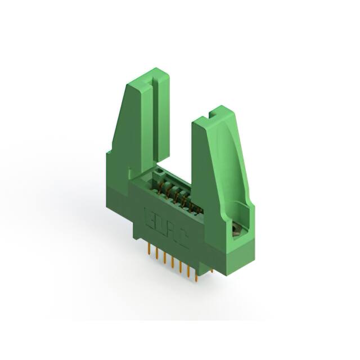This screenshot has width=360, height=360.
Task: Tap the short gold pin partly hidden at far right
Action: (211, 271)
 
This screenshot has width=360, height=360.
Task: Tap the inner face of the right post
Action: (205, 169)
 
